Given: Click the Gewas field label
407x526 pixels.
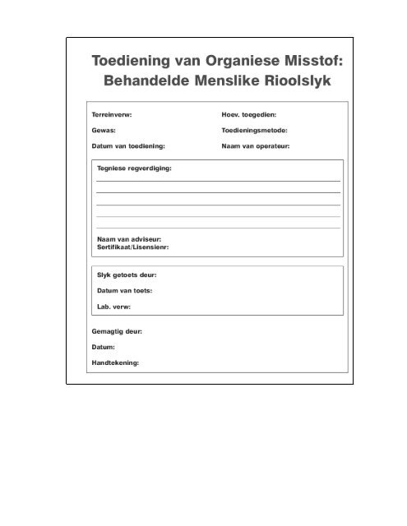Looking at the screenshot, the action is click(x=103, y=131).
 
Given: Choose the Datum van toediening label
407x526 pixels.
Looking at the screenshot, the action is click(x=127, y=145).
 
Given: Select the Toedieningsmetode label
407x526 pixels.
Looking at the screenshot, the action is click(x=259, y=131).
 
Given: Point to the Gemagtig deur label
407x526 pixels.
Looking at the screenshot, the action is click(x=118, y=333).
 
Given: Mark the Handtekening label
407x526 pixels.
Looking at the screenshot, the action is click(x=115, y=362).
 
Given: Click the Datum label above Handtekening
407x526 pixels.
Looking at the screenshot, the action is click(x=103, y=348).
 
